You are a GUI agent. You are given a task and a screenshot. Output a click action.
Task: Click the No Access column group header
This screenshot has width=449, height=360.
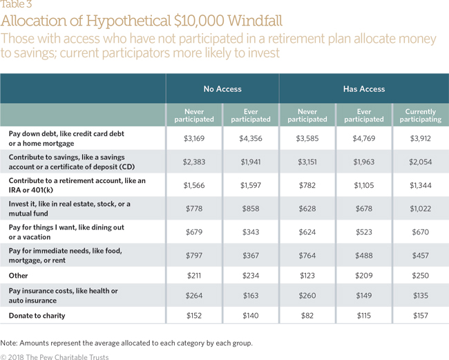click(x=222, y=89)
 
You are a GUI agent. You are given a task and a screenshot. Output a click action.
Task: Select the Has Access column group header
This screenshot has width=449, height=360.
click(x=364, y=89)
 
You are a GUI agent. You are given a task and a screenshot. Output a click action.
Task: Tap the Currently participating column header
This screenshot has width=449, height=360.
click(x=421, y=115)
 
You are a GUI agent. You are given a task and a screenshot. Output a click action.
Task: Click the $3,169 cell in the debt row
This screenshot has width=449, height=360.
click(x=194, y=139)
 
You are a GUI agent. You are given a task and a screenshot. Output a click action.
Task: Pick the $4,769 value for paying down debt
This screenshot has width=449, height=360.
click(x=364, y=139)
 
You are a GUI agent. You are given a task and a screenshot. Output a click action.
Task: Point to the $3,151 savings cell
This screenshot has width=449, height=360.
click(x=307, y=162)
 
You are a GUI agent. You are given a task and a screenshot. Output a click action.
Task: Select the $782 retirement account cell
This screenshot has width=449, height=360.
click(x=307, y=186)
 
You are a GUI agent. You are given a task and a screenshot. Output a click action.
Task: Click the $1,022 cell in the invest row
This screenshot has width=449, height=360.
click(x=421, y=209)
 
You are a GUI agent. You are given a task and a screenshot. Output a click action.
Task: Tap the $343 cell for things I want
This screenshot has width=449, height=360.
click(x=251, y=232)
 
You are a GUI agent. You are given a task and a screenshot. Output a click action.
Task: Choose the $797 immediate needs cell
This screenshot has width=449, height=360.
click(x=194, y=256)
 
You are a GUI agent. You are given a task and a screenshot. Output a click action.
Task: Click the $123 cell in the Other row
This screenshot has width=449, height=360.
click(x=307, y=276)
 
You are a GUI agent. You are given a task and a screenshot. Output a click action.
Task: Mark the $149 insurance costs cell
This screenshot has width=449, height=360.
click(x=364, y=296)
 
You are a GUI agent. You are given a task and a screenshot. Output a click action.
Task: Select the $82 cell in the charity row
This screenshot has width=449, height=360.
click(x=307, y=316)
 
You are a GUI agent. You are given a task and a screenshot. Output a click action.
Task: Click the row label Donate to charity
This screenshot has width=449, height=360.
click(x=37, y=316)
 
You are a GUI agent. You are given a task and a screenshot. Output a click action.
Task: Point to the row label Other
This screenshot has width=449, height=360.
click(x=19, y=276)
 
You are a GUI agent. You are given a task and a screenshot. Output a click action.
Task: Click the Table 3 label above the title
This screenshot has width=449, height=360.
click(x=16, y=4)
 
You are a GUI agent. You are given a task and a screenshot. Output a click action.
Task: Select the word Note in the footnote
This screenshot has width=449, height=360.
click(x=8, y=343)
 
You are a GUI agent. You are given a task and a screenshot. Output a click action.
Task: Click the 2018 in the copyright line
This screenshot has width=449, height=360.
click(x=16, y=357)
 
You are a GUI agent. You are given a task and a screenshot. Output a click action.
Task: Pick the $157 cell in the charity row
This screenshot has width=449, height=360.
click(x=421, y=316)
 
